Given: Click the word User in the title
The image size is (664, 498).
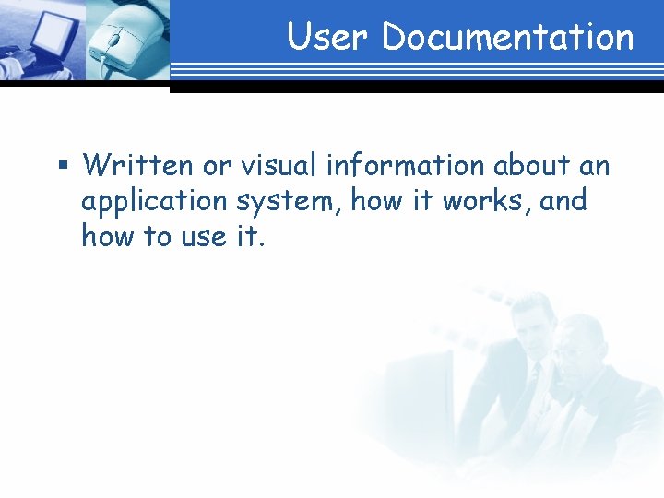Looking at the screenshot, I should (328, 38).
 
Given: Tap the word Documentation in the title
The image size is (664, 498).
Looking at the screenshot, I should (508, 38).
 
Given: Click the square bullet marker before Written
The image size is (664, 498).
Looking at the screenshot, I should (63, 167).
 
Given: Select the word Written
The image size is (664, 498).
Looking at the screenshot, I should (136, 166).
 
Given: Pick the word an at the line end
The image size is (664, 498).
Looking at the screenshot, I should (595, 167).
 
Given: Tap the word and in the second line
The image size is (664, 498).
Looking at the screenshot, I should (563, 201).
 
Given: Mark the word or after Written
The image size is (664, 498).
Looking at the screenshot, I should (212, 167).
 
